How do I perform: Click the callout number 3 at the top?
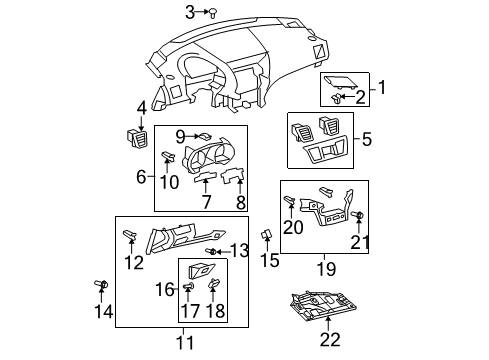(x=190, y=12)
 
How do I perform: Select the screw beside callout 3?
(x=213, y=12)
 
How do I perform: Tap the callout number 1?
(x=381, y=89)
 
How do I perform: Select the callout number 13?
(x=239, y=249)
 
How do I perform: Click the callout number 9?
(x=180, y=136)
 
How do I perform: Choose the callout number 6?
(x=141, y=177)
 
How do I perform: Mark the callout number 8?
(x=240, y=205)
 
